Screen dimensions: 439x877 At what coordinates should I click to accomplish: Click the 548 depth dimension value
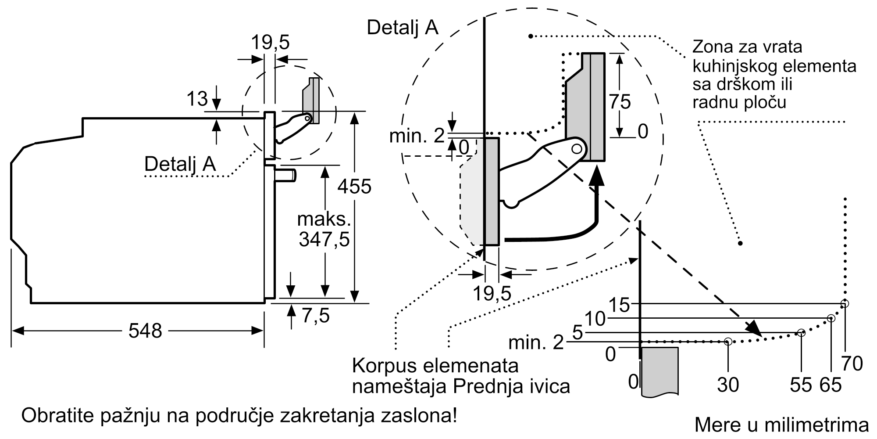pos(145,331)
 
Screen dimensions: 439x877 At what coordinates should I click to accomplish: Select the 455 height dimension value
pos(354,187)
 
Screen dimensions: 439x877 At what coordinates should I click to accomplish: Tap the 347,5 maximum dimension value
pos(324,240)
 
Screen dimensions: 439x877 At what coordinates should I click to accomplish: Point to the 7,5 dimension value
pos(316,315)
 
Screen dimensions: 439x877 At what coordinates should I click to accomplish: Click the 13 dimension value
pos(197,99)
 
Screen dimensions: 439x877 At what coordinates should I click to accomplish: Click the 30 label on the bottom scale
pos(728,385)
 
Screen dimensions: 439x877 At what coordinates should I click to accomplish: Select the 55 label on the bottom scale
pos(801,385)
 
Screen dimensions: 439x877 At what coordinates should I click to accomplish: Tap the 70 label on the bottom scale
pos(852,363)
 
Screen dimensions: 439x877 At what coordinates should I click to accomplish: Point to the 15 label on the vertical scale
pos(619,305)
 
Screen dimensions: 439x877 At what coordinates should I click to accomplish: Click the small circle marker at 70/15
pos(845,304)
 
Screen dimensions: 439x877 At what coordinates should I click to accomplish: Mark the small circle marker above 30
pos(728,341)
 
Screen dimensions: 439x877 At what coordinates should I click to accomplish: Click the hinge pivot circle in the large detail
pos(578,148)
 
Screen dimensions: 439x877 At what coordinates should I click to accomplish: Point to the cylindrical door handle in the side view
pos(285,175)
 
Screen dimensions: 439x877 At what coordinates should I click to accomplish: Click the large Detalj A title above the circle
pos(403,27)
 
